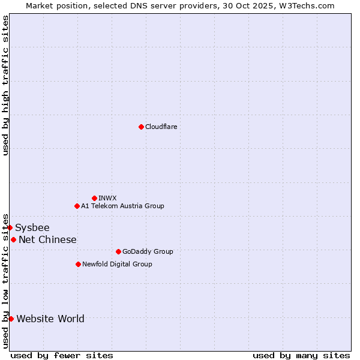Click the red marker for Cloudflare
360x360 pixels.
point(141,127)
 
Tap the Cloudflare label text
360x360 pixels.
point(161,127)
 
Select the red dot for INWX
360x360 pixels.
point(94,198)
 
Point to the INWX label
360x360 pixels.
point(107,198)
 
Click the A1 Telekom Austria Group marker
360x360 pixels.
point(77,206)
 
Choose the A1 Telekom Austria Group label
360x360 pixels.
point(122,206)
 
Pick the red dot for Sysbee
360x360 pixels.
point(10,227)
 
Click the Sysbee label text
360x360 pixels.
point(32,227)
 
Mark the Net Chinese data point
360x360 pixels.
point(13,239)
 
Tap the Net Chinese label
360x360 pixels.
point(47,239)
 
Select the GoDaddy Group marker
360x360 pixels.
point(118,251)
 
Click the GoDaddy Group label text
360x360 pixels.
point(148,251)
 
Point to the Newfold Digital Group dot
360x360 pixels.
point(78,264)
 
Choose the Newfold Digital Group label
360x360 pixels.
point(117,264)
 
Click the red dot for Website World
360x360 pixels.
point(11,319)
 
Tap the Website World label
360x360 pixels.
point(50,319)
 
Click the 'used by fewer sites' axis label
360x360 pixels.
point(62,355)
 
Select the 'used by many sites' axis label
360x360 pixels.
point(301,355)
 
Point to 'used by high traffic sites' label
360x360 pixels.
point(5,85)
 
